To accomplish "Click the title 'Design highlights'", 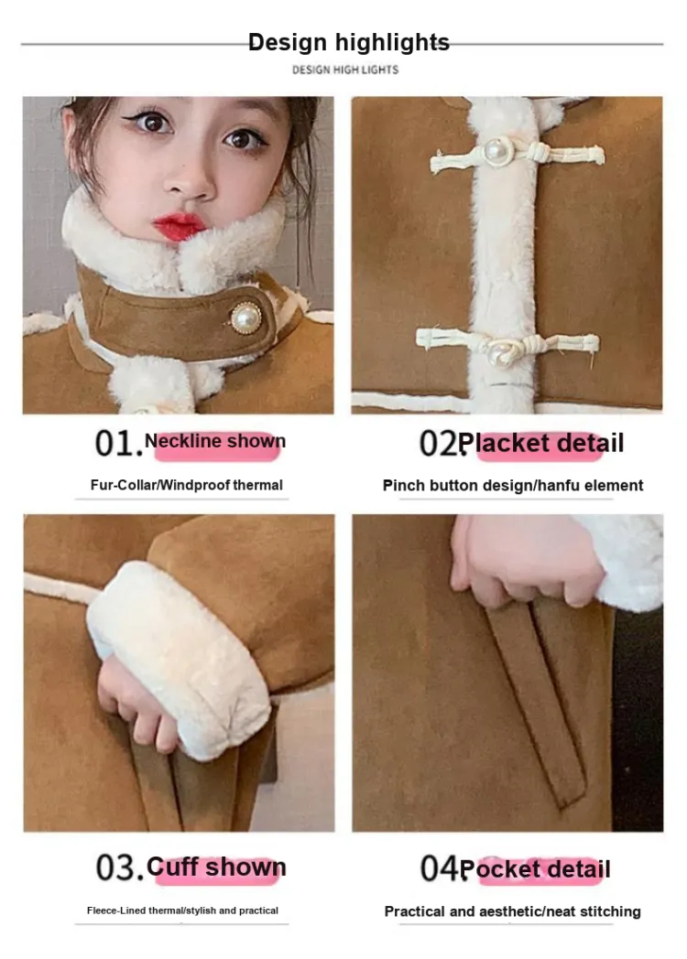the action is pos(348,42).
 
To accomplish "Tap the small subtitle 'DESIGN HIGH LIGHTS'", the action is pos(345,70).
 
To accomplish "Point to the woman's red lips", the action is pos(179,225).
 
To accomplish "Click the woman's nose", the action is pos(190,179).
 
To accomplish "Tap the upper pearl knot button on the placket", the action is pos(497,150).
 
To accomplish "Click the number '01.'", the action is pos(118,444).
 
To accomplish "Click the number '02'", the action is pos(438,444).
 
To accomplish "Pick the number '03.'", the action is pos(119,867).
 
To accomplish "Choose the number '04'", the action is pos(439,868).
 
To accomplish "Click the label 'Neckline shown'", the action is pos(215,441).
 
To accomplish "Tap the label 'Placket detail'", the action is pos(541,444).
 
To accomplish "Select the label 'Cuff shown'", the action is pos(217,867).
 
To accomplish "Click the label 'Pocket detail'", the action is pos(535,869).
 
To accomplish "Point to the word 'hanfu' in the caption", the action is pos(559,486).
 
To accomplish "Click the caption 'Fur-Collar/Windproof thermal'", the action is pos(187,485).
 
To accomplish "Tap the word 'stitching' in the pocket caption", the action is pos(610,911).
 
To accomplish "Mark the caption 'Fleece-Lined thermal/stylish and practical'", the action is pos(182,911).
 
